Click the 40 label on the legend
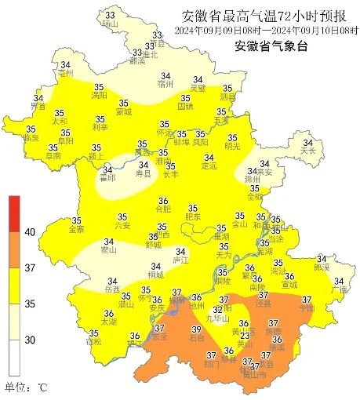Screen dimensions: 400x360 click(31, 232)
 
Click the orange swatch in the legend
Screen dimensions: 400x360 click(13, 249)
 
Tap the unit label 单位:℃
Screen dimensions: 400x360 click(26, 387)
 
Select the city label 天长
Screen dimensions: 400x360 click(309, 150)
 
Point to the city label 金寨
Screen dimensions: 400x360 click(77, 230)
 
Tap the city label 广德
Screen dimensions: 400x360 click(339, 289)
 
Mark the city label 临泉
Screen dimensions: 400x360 click(31, 138)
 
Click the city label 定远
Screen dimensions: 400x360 click(209, 165)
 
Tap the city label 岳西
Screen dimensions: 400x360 click(112, 290)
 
